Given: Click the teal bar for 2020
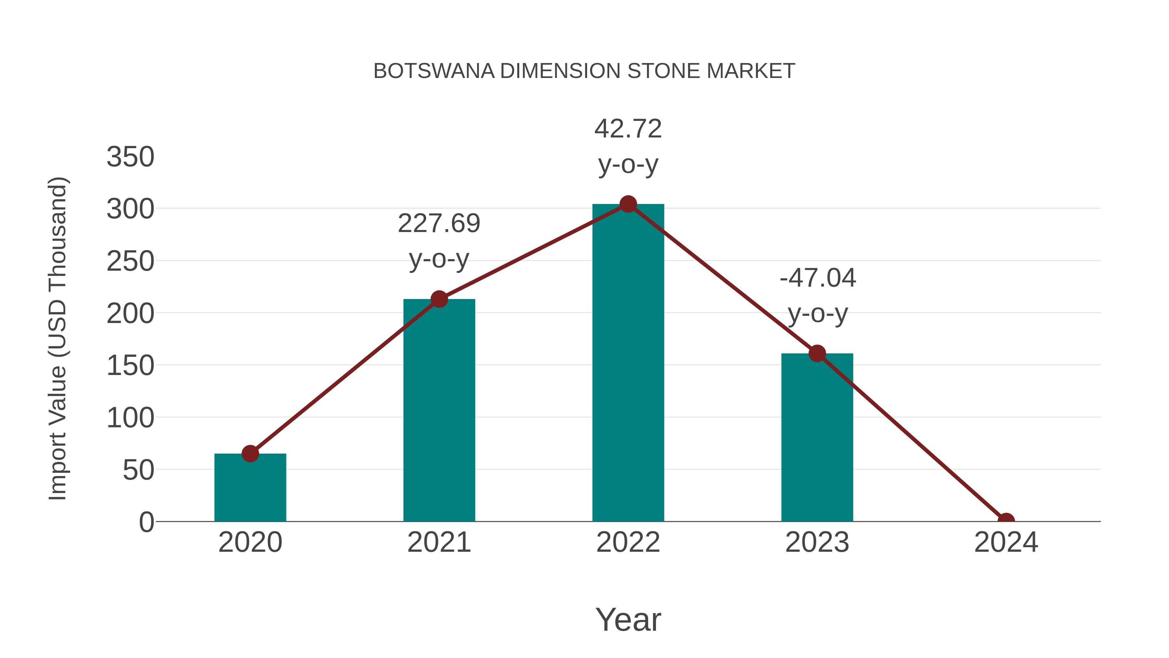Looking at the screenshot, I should pyautogui.click(x=250, y=488).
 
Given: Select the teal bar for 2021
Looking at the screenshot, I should pyautogui.click(x=439, y=411).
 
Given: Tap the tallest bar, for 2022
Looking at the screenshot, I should pyautogui.click(x=628, y=363).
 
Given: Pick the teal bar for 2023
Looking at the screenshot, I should pyautogui.click(x=817, y=438).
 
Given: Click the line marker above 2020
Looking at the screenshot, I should pyautogui.click(x=250, y=454).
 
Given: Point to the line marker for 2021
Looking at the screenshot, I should pyautogui.click(x=439, y=299).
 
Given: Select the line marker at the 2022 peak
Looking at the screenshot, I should pyautogui.click(x=628, y=204).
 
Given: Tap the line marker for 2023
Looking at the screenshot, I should pyautogui.click(x=817, y=353).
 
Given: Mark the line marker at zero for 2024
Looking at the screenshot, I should pyautogui.click(x=1006, y=521).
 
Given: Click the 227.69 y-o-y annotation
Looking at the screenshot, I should pyautogui.click(x=439, y=241).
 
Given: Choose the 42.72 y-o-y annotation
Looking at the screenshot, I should pyautogui.click(x=628, y=146).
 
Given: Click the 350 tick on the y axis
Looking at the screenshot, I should pyautogui.click(x=131, y=157).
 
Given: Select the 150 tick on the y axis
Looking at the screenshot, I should pyautogui.click(x=131, y=366).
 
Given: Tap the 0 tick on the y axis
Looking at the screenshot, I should pyautogui.click(x=146, y=522).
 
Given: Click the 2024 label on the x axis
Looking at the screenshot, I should pyautogui.click(x=1006, y=543).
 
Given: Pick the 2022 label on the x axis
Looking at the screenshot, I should pyautogui.click(x=628, y=543).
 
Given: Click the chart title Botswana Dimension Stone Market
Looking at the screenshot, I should pyautogui.click(x=584, y=71).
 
